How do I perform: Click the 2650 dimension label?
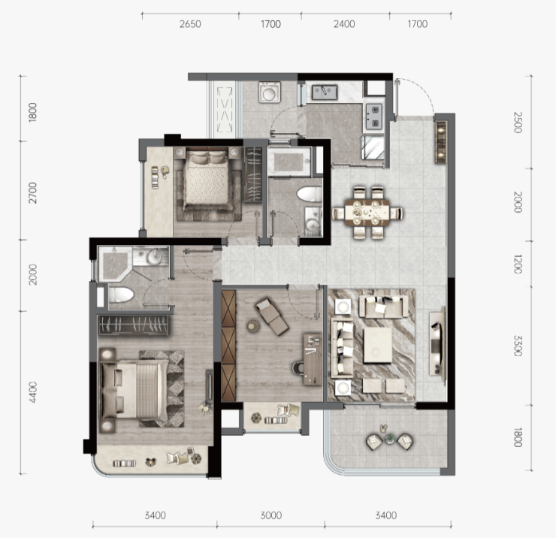tap(190, 24)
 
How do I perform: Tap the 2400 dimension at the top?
tap(344, 24)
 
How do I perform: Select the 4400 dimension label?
tap(32, 392)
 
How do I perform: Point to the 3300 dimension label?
tap(518, 346)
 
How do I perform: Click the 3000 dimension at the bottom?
tap(271, 515)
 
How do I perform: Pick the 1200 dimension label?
tap(518, 264)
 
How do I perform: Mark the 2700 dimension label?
tap(32, 192)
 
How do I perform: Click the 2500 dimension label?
tap(518, 122)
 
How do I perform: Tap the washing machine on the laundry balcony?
tap(270, 92)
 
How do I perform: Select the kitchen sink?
tap(325, 92)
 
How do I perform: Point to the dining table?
tap(367, 212)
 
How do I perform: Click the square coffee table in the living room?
tap(378, 345)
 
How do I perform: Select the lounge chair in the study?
tap(272, 316)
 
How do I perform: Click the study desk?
tap(313, 359)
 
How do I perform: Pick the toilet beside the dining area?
tap(310, 195)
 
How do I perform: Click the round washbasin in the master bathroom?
tap(154, 256)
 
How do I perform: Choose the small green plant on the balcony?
tap(390, 439)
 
